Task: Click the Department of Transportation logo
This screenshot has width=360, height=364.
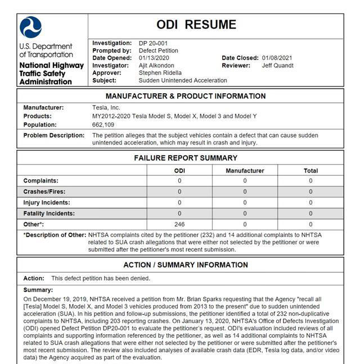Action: coord(30,28)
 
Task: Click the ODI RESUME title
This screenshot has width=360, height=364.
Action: coord(196,25)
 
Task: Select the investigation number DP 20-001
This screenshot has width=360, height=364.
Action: coord(154,43)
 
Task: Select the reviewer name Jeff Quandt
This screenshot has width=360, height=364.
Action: coord(277,66)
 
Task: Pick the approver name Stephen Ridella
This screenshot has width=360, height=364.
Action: coord(161,73)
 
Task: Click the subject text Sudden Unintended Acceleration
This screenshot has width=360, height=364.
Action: coord(183,80)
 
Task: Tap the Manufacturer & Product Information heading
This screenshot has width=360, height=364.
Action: coord(186,96)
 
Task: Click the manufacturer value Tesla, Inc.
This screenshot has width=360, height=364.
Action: coord(106,107)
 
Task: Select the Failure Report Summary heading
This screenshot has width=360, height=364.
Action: coord(186,158)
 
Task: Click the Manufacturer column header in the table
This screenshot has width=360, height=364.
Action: coord(245,170)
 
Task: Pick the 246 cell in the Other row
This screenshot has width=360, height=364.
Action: coord(179,224)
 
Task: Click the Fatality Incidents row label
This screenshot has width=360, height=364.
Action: coord(49,213)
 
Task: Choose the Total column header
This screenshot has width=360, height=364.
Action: coord(310,170)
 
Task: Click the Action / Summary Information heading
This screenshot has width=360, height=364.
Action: coord(186,265)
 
